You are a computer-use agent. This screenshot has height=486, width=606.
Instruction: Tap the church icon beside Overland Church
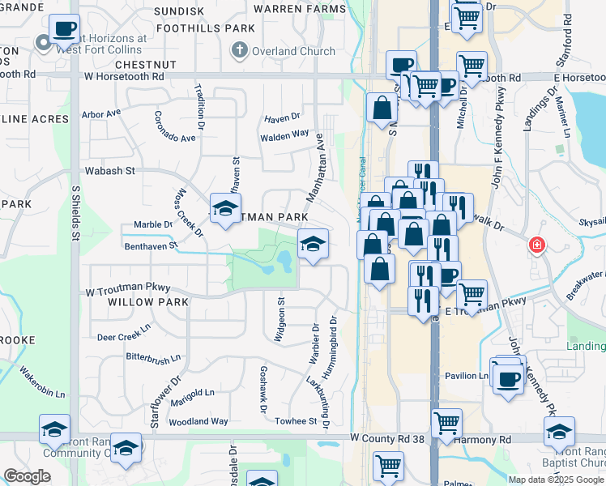point(238,51)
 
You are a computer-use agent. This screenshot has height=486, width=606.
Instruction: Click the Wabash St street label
point(109,171)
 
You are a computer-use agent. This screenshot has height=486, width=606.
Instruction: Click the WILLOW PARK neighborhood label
point(147,302)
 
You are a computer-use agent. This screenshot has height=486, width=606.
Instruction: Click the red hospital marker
point(536,245)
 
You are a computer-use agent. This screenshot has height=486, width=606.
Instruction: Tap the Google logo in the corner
point(27,475)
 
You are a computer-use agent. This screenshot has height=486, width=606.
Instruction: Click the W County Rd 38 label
point(389,437)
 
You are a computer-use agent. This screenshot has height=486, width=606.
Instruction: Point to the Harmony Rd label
point(488,439)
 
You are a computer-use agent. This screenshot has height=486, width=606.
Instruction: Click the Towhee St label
point(296,421)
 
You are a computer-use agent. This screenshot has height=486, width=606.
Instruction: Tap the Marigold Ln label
point(194,393)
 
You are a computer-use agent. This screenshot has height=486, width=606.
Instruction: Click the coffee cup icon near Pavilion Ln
point(508,378)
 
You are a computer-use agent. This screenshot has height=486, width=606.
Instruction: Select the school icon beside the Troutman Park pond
point(313,242)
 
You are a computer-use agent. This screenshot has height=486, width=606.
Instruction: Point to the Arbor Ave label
point(100,114)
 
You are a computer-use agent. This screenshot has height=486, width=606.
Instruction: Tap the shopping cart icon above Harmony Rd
point(446,422)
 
